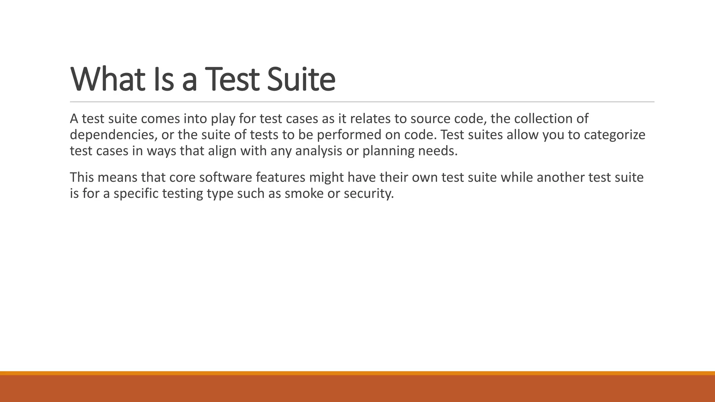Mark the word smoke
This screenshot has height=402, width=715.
(304, 193)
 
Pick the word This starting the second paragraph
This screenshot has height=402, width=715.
(82, 178)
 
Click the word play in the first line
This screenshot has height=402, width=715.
(223, 119)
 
